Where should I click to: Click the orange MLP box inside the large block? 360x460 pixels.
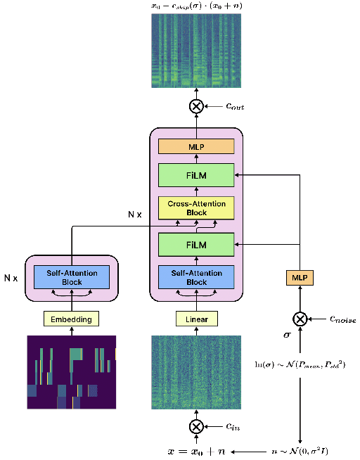(x=196, y=146)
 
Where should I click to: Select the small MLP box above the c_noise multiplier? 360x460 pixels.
(x=300, y=279)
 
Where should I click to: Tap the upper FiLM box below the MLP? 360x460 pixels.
(x=196, y=174)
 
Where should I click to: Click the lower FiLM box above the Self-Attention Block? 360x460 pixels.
(x=196, y=245)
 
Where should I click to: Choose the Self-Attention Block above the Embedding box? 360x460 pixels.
(x=71, y=278)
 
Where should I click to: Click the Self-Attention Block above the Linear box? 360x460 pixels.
(x=196, y=278)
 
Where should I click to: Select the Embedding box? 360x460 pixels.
(x=71, y=319)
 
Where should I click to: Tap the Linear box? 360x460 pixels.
(x=196, y=319)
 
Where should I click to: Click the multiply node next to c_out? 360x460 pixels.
(x=196, y=106)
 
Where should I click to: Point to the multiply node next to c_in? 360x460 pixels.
(x=196, y=427)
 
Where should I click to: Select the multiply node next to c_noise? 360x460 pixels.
(x=300, y=319)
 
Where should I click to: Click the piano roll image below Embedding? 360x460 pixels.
(x=71, y=372)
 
